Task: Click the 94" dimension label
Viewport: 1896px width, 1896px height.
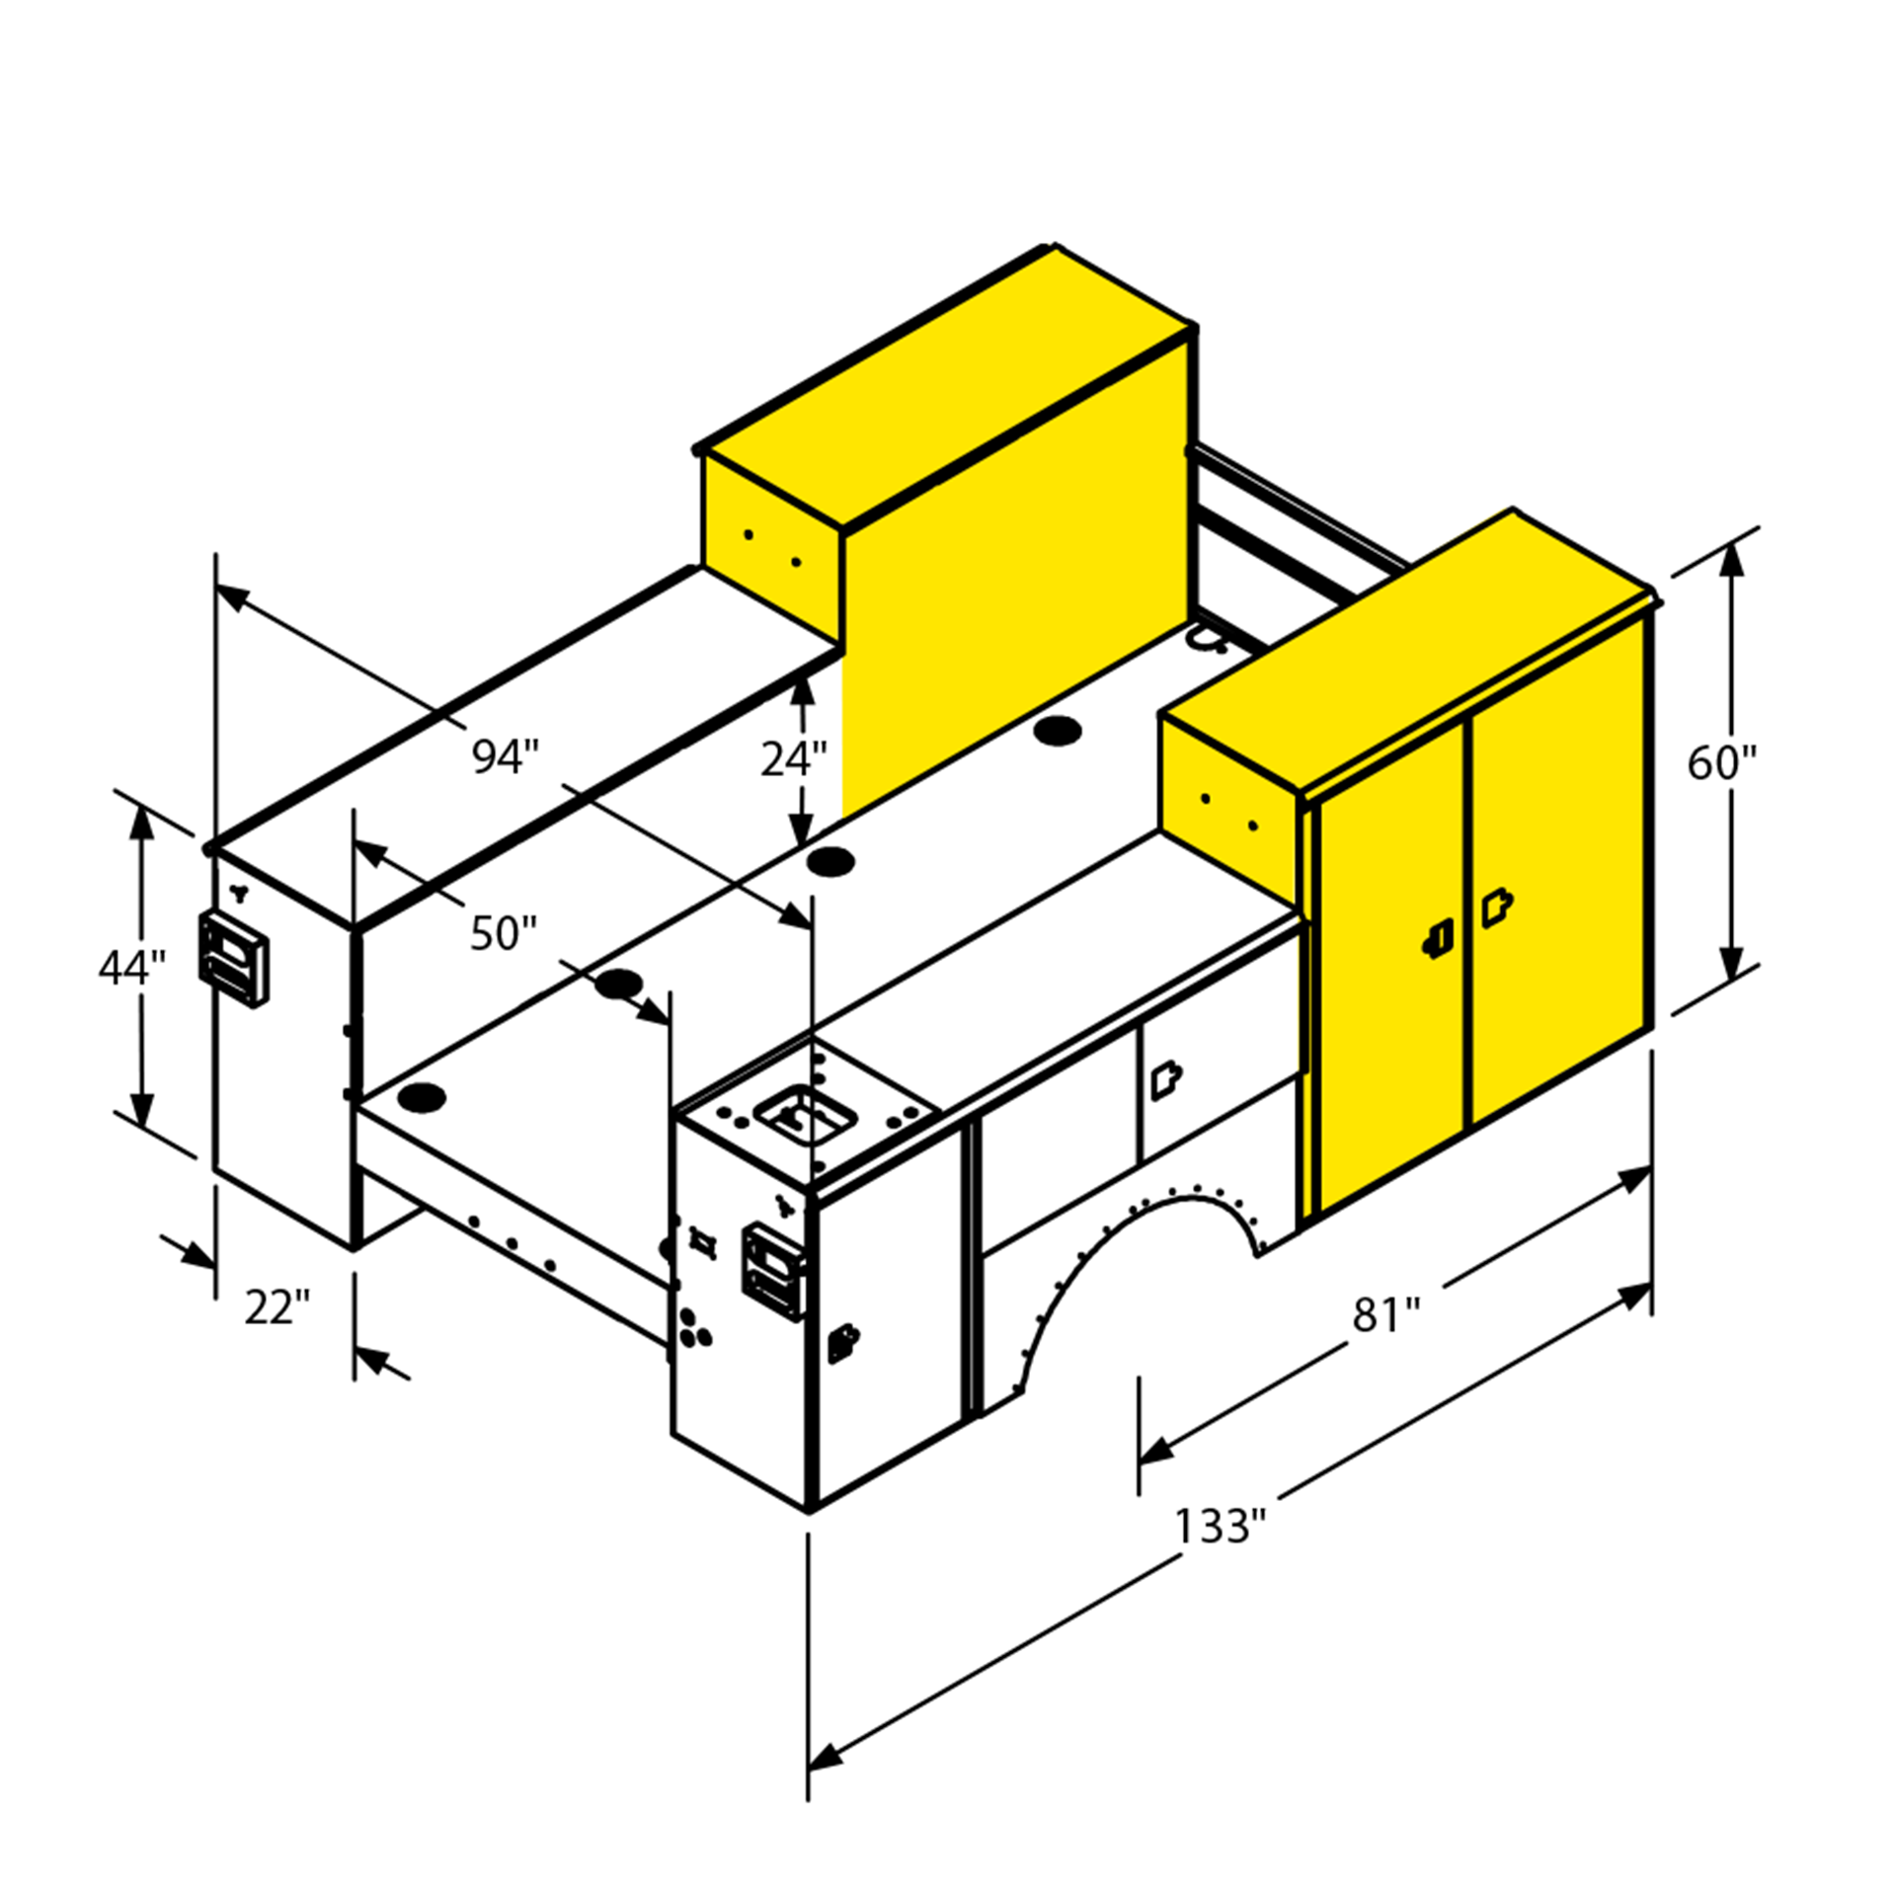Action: (x=505, y=756)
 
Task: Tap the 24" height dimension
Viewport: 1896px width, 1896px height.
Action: (x=793, y=758)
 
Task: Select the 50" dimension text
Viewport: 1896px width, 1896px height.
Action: (x=503, y=933)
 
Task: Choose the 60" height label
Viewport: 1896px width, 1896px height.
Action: (x=1722, y=762)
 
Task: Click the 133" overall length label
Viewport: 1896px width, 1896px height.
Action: (x=1220, y=1526)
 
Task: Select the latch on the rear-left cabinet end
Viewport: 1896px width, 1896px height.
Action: (x=233, y=959)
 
